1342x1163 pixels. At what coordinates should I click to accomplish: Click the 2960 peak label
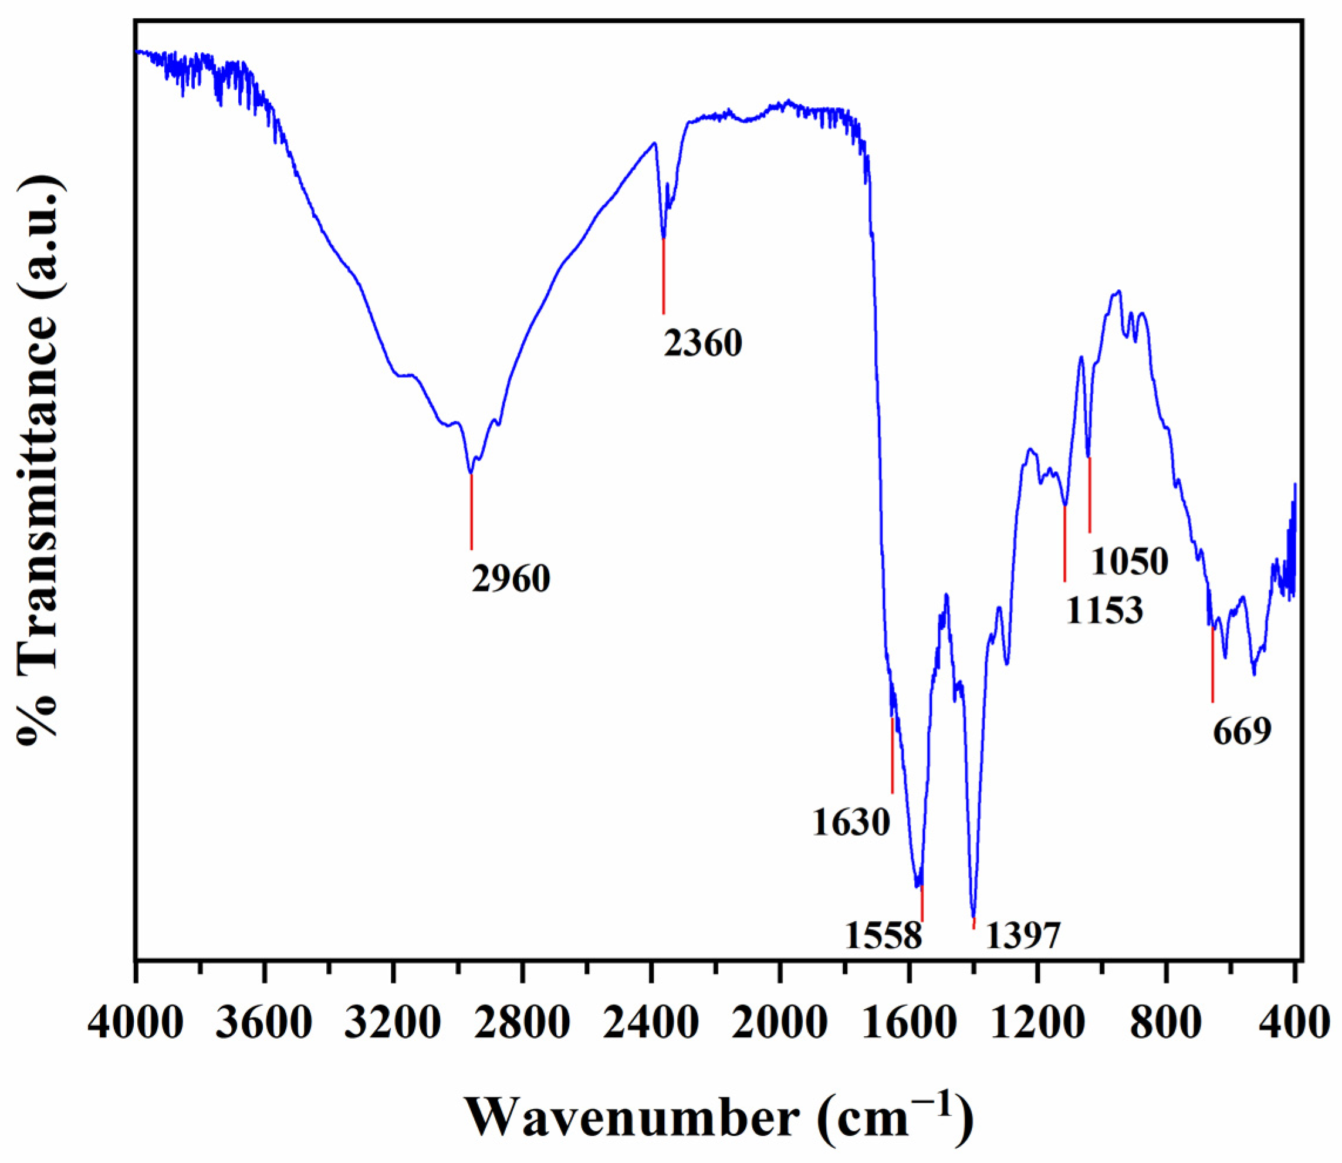click(511, 580)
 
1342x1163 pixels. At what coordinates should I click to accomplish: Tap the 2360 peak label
click(702, 343)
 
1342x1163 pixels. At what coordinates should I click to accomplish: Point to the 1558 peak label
click(884, 936)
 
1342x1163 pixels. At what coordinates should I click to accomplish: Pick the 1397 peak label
click(1023, 936)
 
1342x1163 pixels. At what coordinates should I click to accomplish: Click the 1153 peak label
click(1104, 610)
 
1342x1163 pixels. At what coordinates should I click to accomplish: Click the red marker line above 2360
click(663, 276)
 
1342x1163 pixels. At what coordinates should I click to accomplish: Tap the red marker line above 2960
click(471, 512)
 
